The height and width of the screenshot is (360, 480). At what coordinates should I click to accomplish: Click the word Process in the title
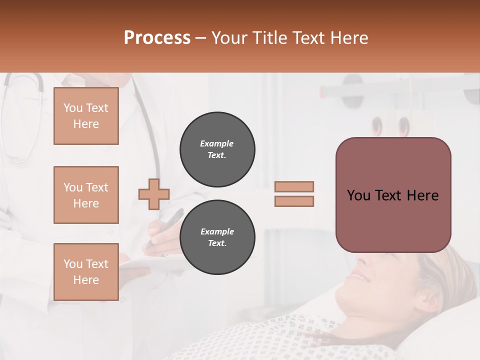click(x=157, y=38)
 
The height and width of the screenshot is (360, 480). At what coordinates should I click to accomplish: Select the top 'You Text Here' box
click(x=86, y=116)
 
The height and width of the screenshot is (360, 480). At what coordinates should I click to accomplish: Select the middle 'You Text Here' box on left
click(x=86, y=195)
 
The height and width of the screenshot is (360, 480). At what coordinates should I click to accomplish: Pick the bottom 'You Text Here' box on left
click(x=86, y=271)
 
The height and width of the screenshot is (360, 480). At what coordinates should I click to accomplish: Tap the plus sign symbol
click(x=154, y=194)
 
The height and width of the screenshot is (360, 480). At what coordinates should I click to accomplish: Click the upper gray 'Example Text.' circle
click(x=217, y=149)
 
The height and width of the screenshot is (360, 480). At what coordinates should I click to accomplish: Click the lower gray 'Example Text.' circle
click(x=217, y=237)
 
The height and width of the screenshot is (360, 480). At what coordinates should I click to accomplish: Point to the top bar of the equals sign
click(x=294, y=186)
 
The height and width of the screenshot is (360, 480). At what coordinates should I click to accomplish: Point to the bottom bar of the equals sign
click(x=294, y=201)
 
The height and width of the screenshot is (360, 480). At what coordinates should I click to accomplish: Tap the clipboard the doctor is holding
click(x=150, y=262)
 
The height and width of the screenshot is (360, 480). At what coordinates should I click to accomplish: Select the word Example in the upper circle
click(x=217, y=143)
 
